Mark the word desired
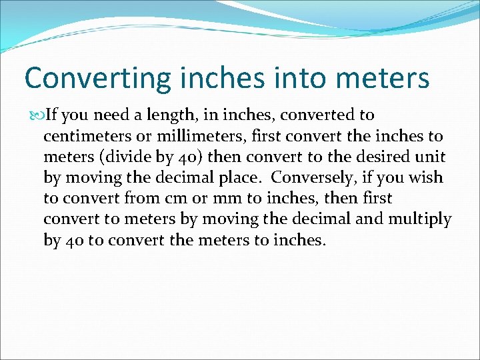click(385, 157)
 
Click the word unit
click(433, 157)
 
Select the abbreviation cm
click(168, 199)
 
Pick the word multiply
click(421, 219)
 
